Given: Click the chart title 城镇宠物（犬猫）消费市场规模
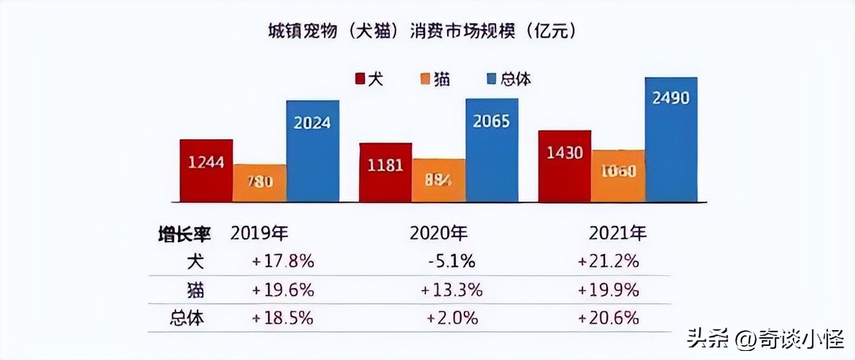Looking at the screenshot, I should click(x=422, y=31).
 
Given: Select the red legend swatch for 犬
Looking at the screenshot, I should click(x=360, y=79).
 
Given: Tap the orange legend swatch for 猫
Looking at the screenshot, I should click(x=426, y=79).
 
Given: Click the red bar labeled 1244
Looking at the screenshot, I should click(x=206, y=170).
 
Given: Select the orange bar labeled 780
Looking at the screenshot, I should click(x=259, y=183).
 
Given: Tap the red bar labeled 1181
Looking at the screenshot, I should click(x=385, y=172).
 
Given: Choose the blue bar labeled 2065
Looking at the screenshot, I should click(x=492, y=150).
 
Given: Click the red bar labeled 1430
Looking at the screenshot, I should click(x=565, y=166).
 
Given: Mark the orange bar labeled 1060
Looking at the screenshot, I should click(x=618, y=175).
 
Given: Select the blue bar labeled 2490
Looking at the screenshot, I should click(x=671, y=139).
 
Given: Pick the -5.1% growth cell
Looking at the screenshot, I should click(x=451, y=262).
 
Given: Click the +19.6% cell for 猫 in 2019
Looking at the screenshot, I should click(x=283, y=290).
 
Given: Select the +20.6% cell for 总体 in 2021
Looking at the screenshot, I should click(x=608, y=318).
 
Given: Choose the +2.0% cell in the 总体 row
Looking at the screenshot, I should click(x=452, y=318).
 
